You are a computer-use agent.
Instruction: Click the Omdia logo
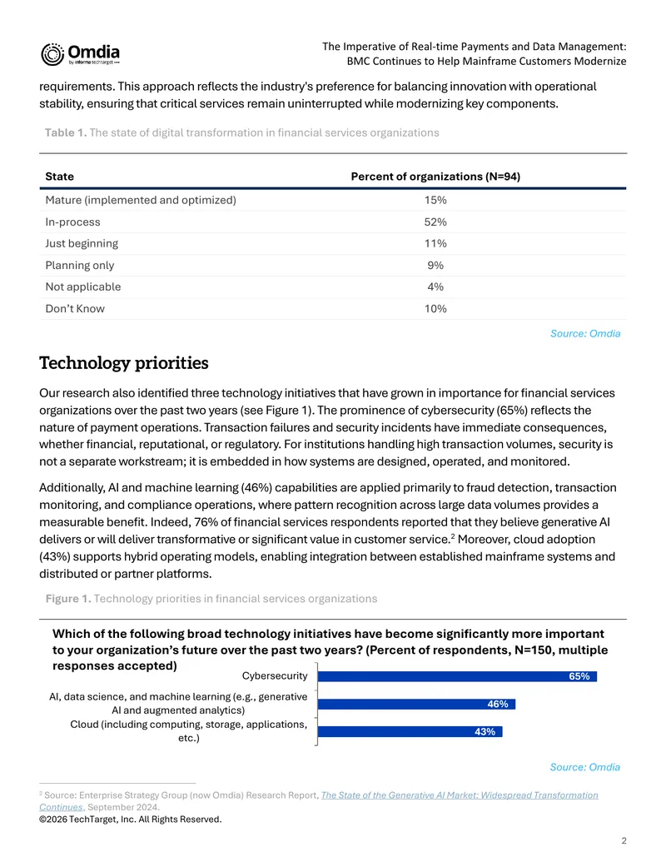tap(80, 54)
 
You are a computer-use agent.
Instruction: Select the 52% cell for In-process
tap(435, 222)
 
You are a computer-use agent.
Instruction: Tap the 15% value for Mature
tap(435, 200)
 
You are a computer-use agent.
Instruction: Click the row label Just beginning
tap(82, 243)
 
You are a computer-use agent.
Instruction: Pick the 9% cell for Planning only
tap(435, 266)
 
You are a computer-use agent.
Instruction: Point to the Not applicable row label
tap(83, 287)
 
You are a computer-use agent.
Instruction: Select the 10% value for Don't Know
tap(435, 309)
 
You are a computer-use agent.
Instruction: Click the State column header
tap(59, 177)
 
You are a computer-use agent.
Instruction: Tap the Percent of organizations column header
tap(435, 177)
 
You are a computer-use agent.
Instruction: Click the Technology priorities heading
tap(124, 363)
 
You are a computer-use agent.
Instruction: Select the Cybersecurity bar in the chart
tap(457, 676)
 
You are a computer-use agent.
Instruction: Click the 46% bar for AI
tap(416, 705)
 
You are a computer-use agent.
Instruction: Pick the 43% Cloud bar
tap(410, 732)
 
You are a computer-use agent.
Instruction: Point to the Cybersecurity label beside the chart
tap(275, 676)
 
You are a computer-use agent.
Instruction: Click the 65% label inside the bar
tap(579, 676)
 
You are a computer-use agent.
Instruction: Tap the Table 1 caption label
tap(66, 132)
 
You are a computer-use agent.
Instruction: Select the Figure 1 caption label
tap(68, 599)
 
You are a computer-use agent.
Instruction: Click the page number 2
tap(624, 840)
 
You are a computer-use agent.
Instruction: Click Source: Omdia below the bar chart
tap(584, 767)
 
